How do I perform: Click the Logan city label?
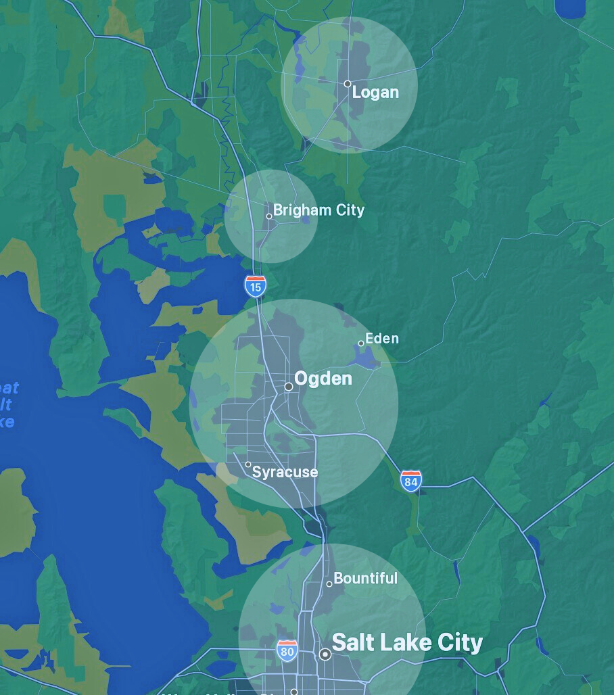(375, 92)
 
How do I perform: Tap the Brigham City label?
(318, 210)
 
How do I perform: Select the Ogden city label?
(323, 379)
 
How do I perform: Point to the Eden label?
(382, 338)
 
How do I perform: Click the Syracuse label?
(285, 472)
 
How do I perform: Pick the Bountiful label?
(365, 578)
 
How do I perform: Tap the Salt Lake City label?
(407, 642)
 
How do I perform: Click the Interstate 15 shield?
(255, 285)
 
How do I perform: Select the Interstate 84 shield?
(410, 480)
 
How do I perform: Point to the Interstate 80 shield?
(287, 651)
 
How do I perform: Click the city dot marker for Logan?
(348, 84)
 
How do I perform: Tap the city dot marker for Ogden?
(289, 387)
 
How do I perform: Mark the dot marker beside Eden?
(361, 343)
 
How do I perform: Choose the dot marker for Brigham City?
(269, 216)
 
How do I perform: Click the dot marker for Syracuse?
(248, 464)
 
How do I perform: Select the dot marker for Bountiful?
(329, 584)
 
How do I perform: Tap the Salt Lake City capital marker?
(325, 654)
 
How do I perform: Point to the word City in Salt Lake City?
(458, 642)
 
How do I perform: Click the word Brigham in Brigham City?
(294, 210)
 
